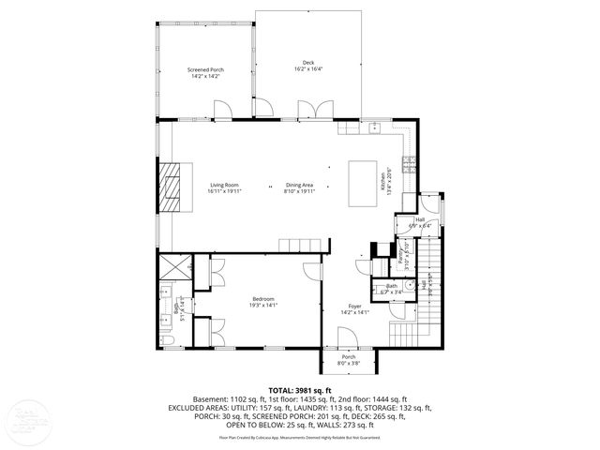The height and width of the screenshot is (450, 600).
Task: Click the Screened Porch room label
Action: [204, 72]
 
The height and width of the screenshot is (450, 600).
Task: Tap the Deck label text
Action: [307, 66]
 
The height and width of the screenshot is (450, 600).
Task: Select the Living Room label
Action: [225, 188]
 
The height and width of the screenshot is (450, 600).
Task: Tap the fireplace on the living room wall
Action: [171, 188]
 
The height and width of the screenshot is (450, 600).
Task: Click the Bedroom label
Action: [262, 301]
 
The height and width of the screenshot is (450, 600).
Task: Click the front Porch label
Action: [348, 359]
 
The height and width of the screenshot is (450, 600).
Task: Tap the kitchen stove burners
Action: [410, 165]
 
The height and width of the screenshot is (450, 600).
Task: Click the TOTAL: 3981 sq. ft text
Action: [300, 390]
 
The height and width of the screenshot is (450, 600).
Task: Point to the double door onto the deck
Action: [313, 112]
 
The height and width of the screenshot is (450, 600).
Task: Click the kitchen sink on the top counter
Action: [373, 126]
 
